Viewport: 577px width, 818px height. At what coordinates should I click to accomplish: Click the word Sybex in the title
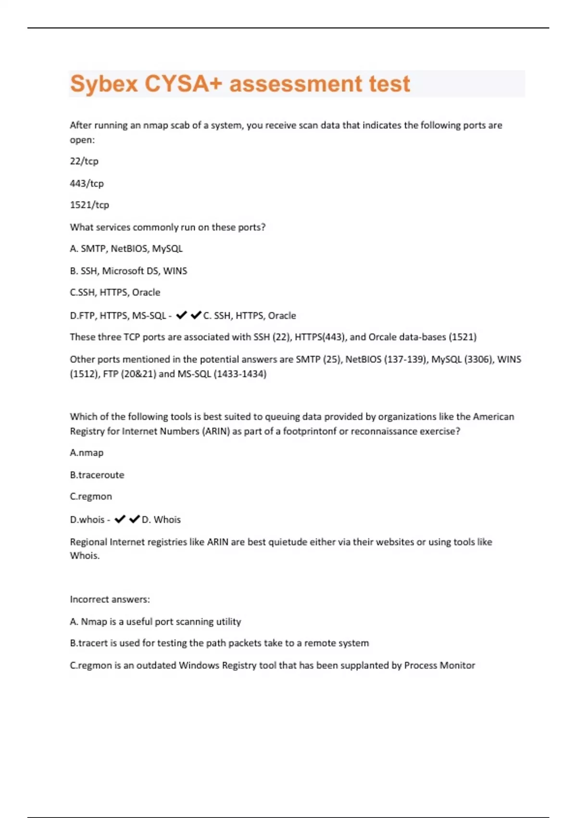tap(104, 84)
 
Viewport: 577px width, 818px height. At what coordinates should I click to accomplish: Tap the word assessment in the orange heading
tap(295, 84)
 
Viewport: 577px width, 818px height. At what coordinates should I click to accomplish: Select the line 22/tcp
tap(84, 161)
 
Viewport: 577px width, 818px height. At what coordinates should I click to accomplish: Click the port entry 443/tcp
tap(87, 183)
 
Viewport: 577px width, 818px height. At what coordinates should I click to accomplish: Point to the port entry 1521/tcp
tap(89, 205)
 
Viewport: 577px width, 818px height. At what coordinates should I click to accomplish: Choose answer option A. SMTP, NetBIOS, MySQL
tap(126, 249)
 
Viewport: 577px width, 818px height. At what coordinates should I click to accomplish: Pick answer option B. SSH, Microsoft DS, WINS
tap(128, 271)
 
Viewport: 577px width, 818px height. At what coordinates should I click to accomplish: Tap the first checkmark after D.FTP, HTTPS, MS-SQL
tap(181, 315)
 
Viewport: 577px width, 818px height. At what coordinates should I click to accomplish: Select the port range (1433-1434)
tap(240, 374)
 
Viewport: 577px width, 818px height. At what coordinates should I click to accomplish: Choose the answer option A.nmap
tap(87, 453)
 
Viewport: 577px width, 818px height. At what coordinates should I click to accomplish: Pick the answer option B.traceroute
tap(97, 475)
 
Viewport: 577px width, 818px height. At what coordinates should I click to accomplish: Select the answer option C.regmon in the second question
tap(91, 497)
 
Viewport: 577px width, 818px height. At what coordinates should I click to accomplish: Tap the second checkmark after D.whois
tap(135, 519)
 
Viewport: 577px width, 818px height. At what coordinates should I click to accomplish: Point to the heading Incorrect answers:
tap(110, 600)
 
